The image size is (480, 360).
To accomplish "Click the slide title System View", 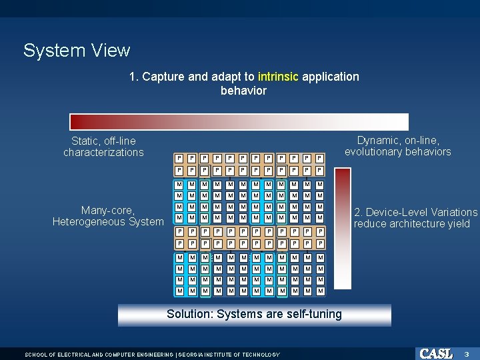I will tap(77, 51).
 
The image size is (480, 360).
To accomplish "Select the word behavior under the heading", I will tap(243, 91).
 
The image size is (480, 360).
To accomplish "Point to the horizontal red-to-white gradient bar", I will tap(239, 121).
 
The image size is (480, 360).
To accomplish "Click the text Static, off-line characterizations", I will tap(103, 147).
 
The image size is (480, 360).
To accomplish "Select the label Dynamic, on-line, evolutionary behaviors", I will tap(397, 146).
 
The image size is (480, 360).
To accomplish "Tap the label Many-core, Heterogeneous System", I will tap(108, 216).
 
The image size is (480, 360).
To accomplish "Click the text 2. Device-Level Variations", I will tap(415, 212).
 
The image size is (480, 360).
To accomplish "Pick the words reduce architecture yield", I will tap(411, 224).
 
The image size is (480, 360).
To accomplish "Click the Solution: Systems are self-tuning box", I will tap(254, 314).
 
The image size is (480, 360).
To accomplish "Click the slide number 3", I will tap(467, 353).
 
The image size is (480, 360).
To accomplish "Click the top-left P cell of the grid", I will tap(179, 158).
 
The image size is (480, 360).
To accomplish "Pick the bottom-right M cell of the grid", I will tap(320, 291).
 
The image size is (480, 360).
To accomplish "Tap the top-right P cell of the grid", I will tap(320, 158).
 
